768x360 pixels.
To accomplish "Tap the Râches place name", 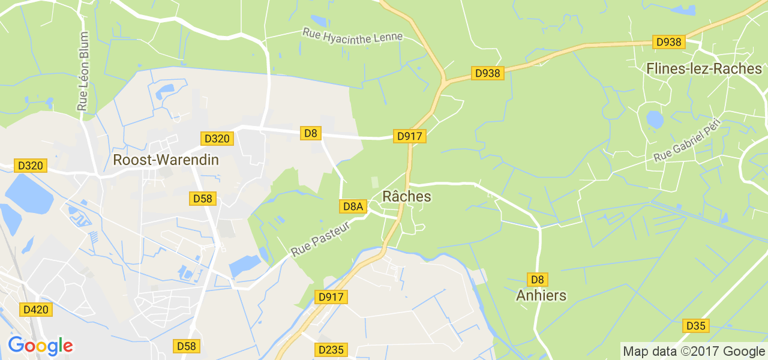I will [x=407, y=197].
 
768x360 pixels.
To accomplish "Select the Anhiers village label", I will [x=541, y=296].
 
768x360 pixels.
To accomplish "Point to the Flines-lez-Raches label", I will [x=704, y=69].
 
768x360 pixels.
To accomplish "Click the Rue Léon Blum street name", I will [x=83, y=71].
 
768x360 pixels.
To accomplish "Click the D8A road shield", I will [x=353, y=206].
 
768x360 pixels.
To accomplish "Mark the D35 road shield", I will [x=696, y=326].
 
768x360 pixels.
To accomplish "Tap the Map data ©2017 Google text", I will [x=693, y=351].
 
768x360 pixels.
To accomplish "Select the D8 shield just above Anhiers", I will [x=537, y=280].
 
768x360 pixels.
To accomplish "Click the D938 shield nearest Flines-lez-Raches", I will [x=669, y=42].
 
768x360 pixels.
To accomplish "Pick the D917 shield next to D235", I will [x=332, y=297].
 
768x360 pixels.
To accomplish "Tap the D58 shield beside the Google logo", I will [x=187, y=346].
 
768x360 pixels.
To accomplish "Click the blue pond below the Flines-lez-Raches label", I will [x=655, y=120].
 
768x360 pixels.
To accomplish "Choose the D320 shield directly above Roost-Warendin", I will [x=217, y=139].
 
